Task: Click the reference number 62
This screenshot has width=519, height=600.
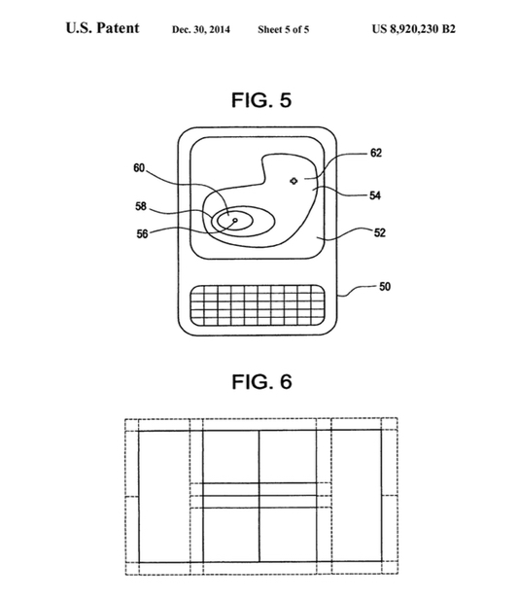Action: (x=376, y=153)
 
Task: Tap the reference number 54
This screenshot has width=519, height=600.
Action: (x=375, y=195)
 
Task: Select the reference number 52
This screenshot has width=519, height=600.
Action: (x=379, y=232)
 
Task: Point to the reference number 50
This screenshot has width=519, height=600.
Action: (x=385, y=287)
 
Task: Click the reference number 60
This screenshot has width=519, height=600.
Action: (x=139, y=168)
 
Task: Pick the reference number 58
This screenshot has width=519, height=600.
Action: (x=141, y=206)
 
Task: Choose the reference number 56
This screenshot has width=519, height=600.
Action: (x=142, y=233)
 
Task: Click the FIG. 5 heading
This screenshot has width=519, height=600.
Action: (x=261, y=100)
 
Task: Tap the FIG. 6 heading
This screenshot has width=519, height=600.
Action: (x=262, y=382)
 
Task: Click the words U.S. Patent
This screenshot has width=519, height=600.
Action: (x=102, y=28)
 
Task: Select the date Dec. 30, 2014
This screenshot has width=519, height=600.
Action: (x=201, y=29)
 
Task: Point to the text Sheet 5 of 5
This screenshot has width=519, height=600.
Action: (x=284, y=29)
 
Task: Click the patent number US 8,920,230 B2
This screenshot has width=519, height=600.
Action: (x=414, y=29)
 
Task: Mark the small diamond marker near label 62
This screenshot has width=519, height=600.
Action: (x=294, y=181)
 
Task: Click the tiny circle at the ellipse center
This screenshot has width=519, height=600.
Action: (x=235, y=220)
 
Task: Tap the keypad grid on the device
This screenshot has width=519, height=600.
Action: (x=258, y=305)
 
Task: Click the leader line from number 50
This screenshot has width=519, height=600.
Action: (x=357, y=291)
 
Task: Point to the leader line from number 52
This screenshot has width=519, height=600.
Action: (x=346, y=234)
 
